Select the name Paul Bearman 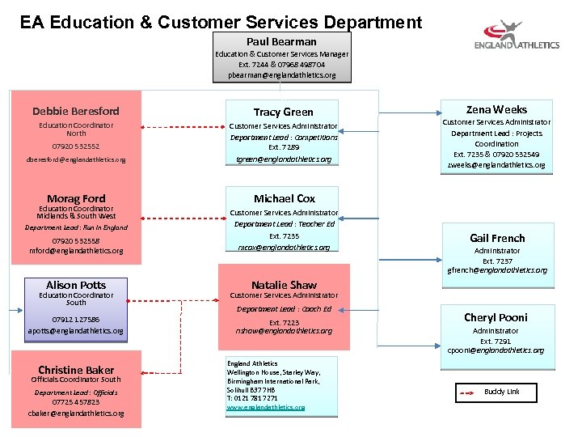[281, 41]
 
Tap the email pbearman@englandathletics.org [281, 74]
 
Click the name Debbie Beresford [76, 111]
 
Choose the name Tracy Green [283, 112]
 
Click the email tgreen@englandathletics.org [283, 159]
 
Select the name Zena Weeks [496, 109]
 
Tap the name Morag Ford [76, 198]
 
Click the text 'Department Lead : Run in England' [76, 227]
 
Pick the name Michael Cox [284, 198]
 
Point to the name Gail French [497, 238]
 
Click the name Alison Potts [76, 285]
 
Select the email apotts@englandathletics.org [76, 331]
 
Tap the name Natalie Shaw [284, 285]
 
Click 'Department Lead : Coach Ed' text [284, 309]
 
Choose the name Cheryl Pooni [496, 317]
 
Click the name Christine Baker [76, 370]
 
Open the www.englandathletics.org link [265, 407]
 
